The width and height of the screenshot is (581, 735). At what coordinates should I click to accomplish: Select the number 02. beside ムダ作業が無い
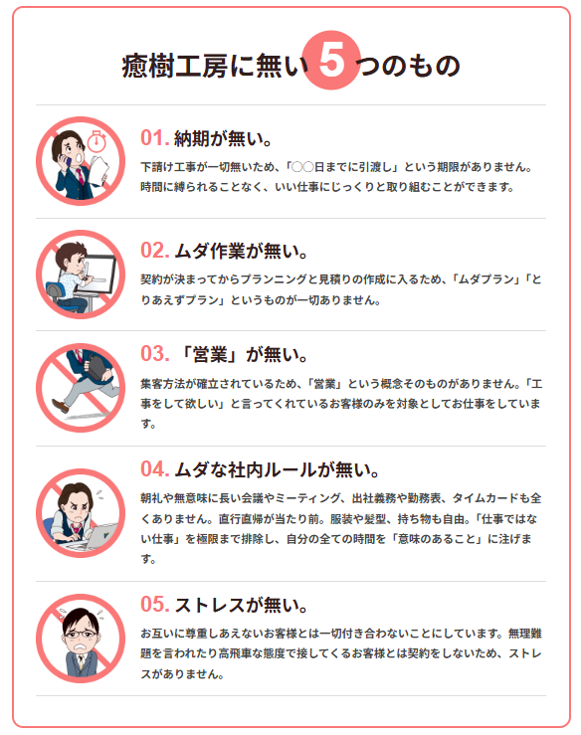(155, 249)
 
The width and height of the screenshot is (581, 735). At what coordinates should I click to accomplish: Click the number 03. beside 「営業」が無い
(155, 354)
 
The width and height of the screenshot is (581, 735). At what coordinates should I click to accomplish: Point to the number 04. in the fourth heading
(155, 468)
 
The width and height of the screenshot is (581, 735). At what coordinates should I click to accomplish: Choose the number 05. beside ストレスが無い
(155, 604)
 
